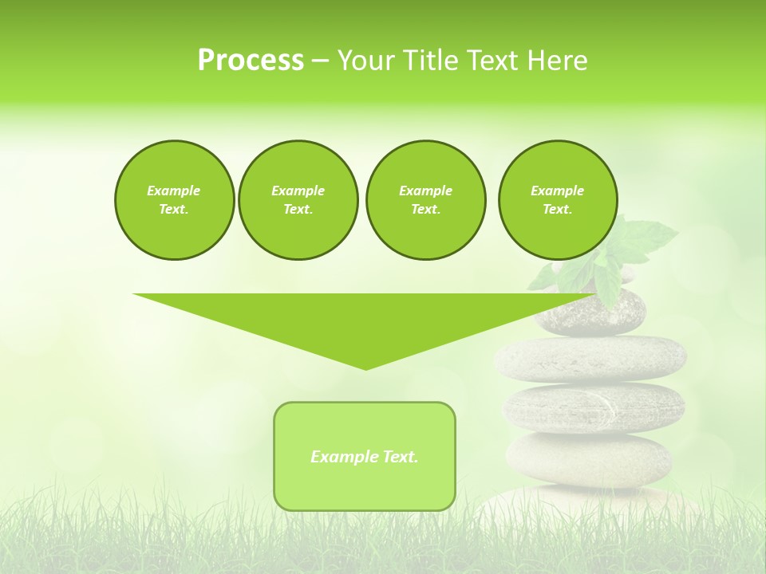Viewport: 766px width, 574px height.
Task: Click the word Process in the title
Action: click(251, 61)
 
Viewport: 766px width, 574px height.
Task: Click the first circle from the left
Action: click(174, 200)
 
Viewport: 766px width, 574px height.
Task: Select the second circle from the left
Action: click(298, 200)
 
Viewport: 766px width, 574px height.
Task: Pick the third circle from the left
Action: click(425, 200)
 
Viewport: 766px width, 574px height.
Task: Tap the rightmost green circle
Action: click(557, 200)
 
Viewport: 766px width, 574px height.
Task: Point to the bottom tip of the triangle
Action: click(365, 368)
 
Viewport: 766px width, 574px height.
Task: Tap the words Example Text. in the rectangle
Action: click(365, 457)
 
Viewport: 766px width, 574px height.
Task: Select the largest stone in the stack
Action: click(590, 358)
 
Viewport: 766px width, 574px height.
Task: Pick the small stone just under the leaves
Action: click(590, 311)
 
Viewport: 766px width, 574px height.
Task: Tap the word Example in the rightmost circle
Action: click(557, 191)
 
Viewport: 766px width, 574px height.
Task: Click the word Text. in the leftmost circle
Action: click(174, 210)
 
